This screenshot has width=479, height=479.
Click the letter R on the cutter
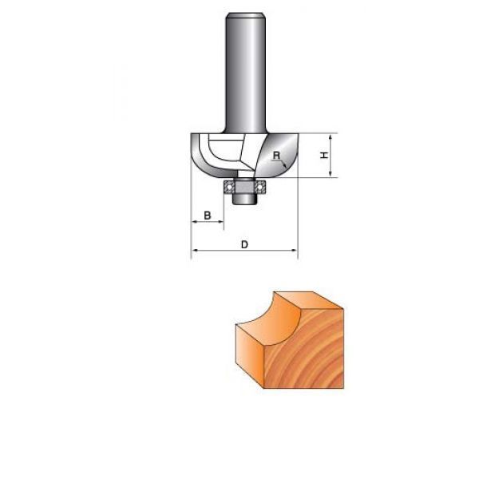[x=276, y=155]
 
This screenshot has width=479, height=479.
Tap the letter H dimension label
[x=324, y=155]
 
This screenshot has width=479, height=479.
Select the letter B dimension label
[x=207, y=215]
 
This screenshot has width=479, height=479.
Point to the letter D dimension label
[x=244, y=244]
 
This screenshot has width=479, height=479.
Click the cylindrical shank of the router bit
[x=245, y=73]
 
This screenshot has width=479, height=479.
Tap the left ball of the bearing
[x=228, y=186]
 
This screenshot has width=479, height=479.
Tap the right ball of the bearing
[x=259, y=186]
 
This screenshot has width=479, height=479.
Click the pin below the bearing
[x=243, y=199]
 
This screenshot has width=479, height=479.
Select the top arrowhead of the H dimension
[x=331, y=137]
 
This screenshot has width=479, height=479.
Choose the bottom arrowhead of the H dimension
[x=331, y=174]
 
